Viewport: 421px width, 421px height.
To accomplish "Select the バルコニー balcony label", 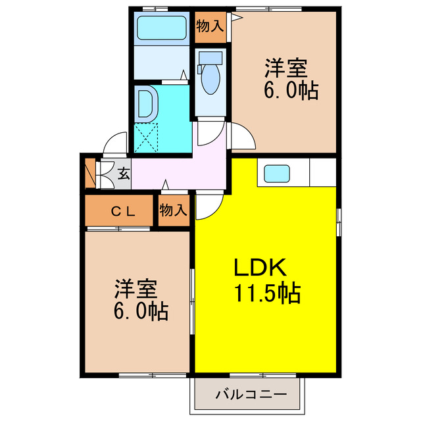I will click(x=251, y=395).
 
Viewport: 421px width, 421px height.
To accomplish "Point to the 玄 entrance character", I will click(x=124, y=174).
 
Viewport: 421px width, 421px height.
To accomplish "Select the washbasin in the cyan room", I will click(x=145, y=102).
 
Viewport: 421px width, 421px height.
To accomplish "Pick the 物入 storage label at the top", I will click(x=210, y=26).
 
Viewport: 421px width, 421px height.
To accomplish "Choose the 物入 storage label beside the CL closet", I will click(x=174, y=210).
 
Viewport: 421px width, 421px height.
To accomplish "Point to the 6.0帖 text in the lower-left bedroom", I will click(x=140, y=310).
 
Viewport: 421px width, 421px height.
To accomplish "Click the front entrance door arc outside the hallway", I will click(x=116, y=143).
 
